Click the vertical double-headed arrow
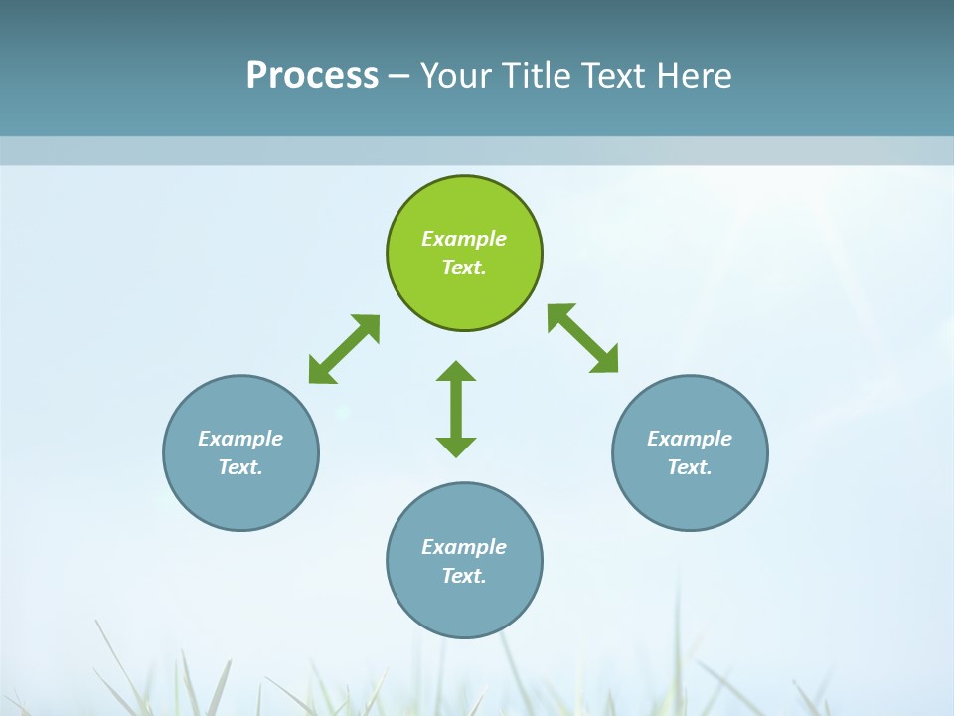tap(456, 409)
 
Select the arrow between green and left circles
tap(344, 349)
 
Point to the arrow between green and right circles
tap(583, 338)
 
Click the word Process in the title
tap(312, 75)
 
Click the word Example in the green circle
tap(464, 239)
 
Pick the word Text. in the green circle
tap(464, 268)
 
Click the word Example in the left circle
tap(240, 439)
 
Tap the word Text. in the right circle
tap(690, 467)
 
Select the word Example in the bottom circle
tap(464, 547)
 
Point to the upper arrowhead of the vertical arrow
tap(456, 371)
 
